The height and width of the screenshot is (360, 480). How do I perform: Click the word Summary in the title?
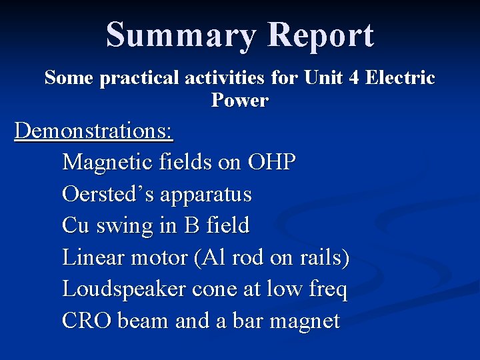tap(180, 35)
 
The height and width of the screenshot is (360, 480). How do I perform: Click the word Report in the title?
tap(321, 35)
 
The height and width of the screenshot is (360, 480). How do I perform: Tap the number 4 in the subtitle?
tap(353, 78)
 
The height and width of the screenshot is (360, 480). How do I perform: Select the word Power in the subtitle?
tap(240, 101)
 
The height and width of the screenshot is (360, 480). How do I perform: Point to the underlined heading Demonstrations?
tap(94, 131)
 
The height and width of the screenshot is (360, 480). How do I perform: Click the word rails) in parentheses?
tap(325, 257)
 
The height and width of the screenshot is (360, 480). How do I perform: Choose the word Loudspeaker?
tap(124, 289)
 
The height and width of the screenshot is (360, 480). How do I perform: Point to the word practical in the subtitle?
tap(139, 78)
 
